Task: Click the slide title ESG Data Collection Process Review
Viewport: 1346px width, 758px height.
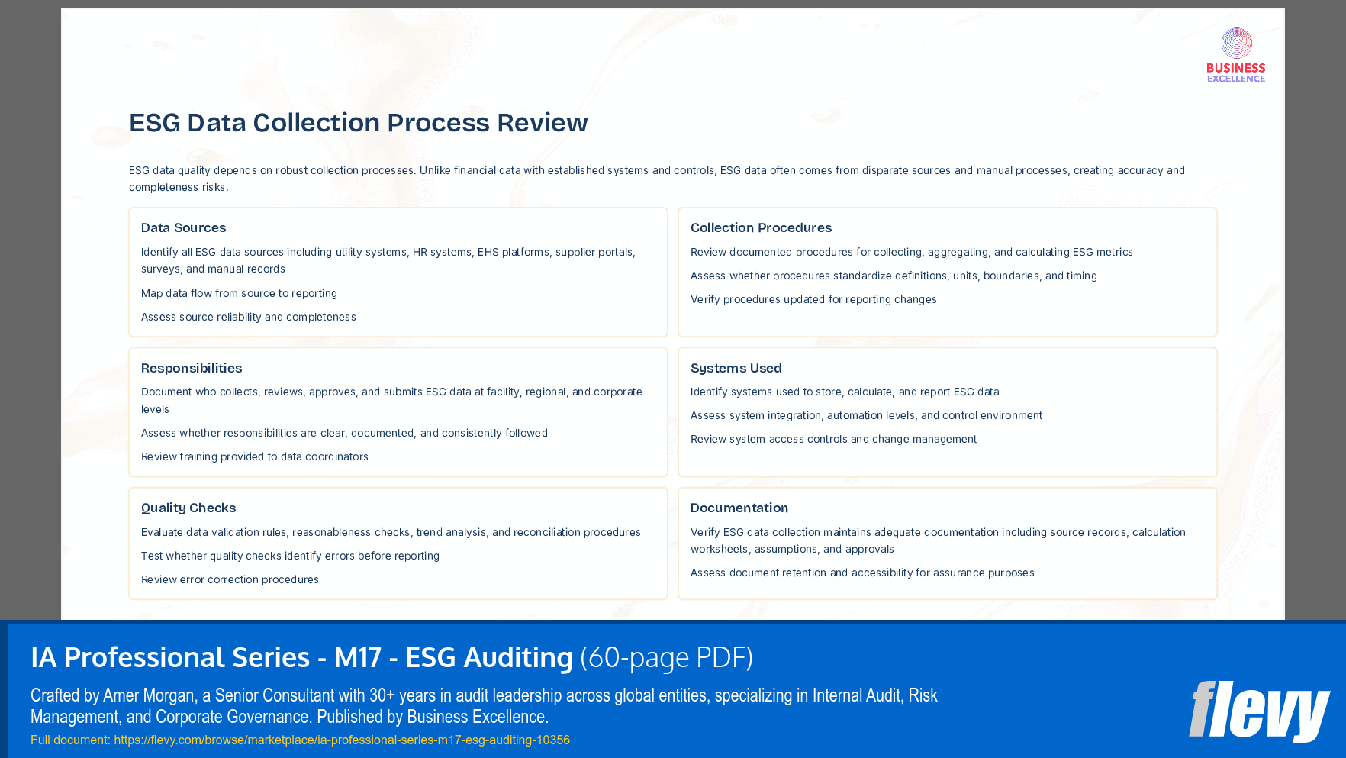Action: (358, 122)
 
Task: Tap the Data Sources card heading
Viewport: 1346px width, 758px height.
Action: (183, 227)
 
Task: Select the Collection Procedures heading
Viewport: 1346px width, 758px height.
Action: (761, 227)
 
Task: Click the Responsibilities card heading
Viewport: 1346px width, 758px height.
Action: (192, 368)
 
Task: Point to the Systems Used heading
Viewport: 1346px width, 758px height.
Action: (736, 368)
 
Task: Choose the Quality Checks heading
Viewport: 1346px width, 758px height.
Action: (188, 508)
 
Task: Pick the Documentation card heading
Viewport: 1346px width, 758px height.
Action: (739, 508)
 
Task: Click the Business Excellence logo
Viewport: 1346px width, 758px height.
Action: (1235, 55)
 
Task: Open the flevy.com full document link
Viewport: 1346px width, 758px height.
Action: (341, 740)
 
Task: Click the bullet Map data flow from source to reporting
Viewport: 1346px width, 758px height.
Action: (239, 293)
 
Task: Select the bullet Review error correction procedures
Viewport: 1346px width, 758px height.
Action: (230, 579)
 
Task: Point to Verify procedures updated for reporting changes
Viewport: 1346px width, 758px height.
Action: (813, 299)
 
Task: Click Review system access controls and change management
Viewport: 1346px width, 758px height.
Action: (833, 439)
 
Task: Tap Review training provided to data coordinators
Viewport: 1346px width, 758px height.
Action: (254, 456)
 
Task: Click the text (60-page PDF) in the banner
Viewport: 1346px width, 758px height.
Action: (666, 657)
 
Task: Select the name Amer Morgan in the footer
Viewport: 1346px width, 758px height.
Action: (148, 695)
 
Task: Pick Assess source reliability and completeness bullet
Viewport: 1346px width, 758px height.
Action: (248, 317)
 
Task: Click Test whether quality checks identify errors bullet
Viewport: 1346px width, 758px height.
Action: (290, 556)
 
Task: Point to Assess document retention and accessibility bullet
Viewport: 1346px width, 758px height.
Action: (862, 573)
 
